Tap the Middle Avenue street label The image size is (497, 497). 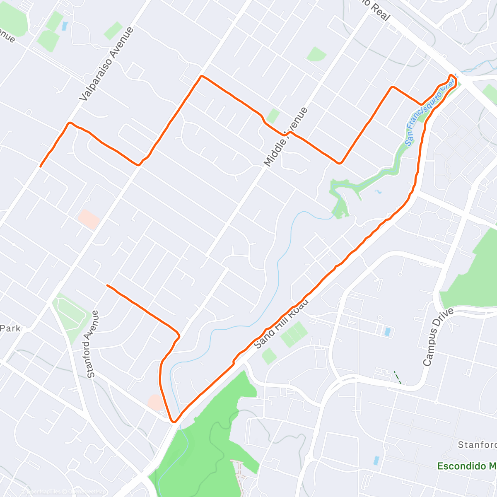286,137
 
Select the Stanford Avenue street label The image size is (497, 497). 92,344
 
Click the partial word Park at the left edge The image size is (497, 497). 10,328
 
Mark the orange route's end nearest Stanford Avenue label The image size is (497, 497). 107,285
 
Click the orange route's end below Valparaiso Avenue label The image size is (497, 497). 40,166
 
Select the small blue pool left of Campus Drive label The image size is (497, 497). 387,332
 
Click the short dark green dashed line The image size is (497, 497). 398,377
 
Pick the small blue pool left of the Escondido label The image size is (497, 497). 376,460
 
